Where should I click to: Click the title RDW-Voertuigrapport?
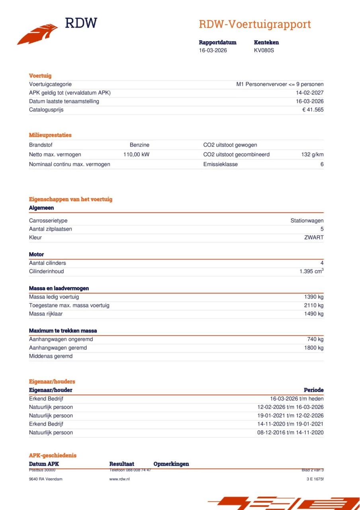(254, 24)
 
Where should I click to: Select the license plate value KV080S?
(264, 51)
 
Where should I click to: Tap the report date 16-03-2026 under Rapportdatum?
(213, 51)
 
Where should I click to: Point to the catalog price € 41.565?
(313, 110)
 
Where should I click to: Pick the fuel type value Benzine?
(139, 145)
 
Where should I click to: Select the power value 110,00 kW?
(136, 155)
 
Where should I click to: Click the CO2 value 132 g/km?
(312, 155)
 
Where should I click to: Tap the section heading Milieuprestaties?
(50, 135)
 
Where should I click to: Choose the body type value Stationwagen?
(307, 221)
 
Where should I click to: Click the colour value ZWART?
(314, 237)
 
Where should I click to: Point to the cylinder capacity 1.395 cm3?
(311, 271)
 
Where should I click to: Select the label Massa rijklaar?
(46, 314)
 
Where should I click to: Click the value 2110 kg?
(313, 306)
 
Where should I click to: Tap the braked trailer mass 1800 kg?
(313, 348)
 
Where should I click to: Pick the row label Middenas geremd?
(51, 356)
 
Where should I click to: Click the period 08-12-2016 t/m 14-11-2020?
(290, 433)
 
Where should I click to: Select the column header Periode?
(313, 390)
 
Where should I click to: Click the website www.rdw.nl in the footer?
(119, 479)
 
